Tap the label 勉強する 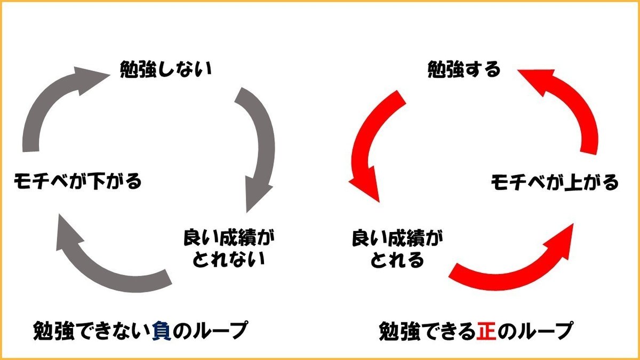click(x=465, y=70)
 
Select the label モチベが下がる click(x=78, y=181)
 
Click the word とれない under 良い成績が click(x=229, y=260)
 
